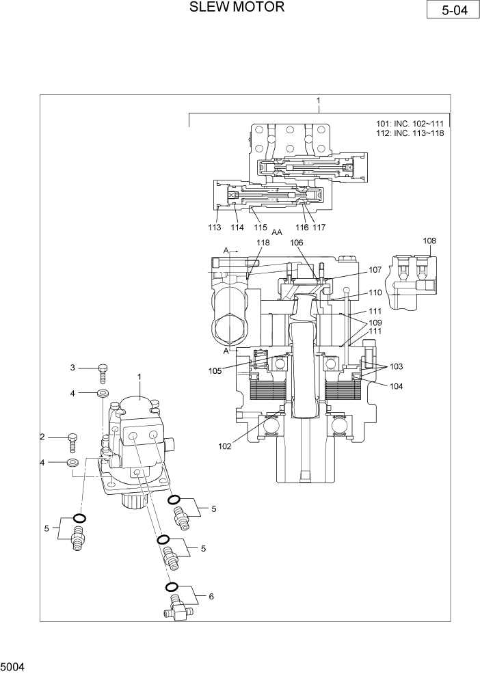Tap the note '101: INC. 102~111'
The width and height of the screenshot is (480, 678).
(x=410, y=124)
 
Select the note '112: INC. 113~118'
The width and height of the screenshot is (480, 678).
(x=410, y=133)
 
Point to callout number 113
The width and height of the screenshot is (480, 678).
(x=215, y=228)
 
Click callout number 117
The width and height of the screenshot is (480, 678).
(x=319, y=228)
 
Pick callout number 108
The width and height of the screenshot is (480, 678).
(x=429, y=241)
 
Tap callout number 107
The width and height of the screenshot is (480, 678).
(x=375, y=270)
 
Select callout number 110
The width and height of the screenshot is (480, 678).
(x=375, y=293)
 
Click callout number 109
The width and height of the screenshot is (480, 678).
(x=375, y=323)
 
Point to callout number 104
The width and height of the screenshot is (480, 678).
(x=397, y=386)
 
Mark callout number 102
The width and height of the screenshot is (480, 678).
(x=224, y=447)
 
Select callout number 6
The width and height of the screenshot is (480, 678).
(x=211, y=597)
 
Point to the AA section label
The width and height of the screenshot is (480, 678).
(x=277, y=232)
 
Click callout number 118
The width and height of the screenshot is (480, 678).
(x=263, y=243)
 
